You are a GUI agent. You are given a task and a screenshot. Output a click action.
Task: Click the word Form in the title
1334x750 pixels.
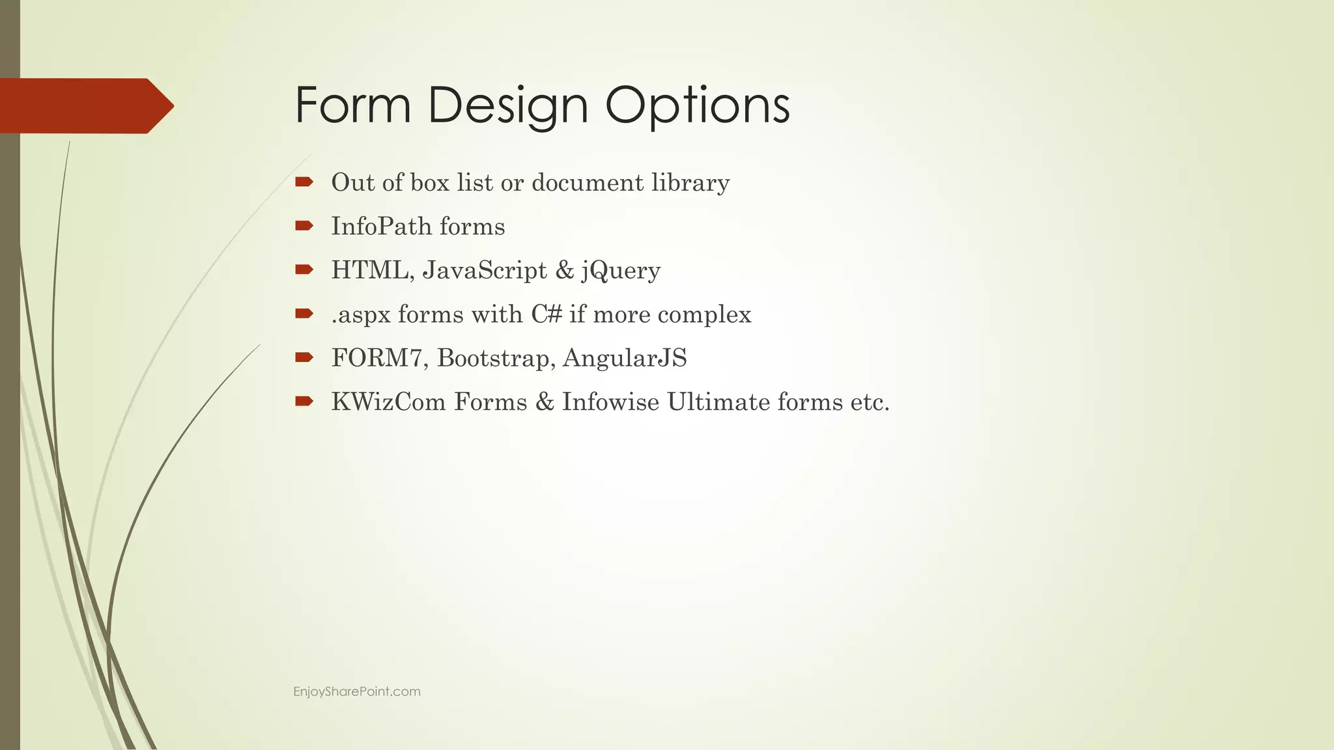(352, 105)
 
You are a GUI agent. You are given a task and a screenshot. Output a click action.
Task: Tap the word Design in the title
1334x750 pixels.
(508, 106)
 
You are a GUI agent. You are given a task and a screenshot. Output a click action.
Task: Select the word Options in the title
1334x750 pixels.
(697, 106)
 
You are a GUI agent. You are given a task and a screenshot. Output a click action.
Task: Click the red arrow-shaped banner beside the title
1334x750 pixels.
(85, 105)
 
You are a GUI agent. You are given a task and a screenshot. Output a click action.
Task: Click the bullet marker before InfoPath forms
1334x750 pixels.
(304, 226)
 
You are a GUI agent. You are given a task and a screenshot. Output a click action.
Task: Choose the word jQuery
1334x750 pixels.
(621, 271)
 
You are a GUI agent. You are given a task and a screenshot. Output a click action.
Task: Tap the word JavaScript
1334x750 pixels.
(485, 271)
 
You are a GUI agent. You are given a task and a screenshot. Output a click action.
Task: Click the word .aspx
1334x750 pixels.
(361, 315)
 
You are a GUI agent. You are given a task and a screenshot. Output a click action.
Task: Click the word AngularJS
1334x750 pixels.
(625, 358)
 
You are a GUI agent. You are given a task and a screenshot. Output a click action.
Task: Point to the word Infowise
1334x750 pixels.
(610, 402)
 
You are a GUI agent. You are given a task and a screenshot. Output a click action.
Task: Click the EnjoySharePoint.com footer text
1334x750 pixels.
(357, 691)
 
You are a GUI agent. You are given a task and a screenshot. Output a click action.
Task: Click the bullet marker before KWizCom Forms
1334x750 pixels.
(304, 401)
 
